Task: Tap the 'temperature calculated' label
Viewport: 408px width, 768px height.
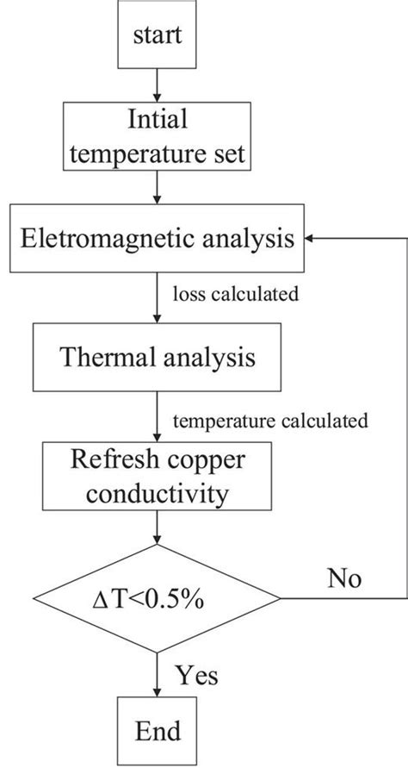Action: [271, 421]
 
